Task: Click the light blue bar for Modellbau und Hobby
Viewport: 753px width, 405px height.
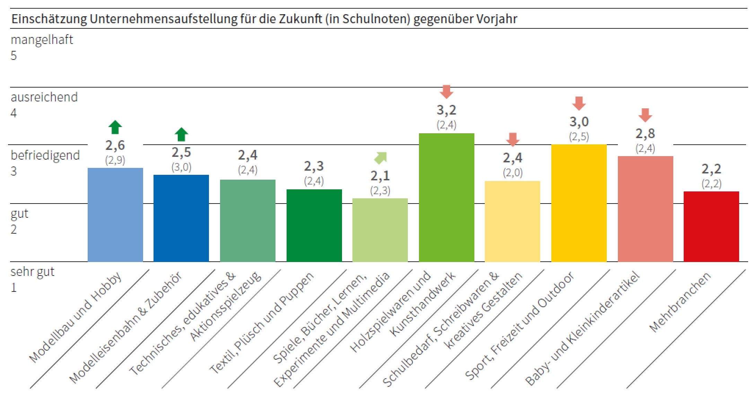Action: coord(115,215)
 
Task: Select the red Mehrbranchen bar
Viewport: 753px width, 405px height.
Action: coord(711,226)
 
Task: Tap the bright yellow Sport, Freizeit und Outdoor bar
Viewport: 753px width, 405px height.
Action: coord(579,203)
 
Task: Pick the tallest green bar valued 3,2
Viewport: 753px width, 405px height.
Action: coord(446,197)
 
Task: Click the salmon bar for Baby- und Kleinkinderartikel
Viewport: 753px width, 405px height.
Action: coord(645,209)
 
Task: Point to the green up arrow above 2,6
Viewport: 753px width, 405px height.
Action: coord(115,127)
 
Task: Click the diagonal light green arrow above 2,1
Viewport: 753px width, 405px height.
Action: coord(380,158)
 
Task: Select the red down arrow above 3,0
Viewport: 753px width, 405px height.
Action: coord(579,103)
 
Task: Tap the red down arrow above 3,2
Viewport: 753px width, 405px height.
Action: coord(446,91)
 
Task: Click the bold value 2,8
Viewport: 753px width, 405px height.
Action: coord(645,134)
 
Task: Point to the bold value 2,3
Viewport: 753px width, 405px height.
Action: coord(314,166)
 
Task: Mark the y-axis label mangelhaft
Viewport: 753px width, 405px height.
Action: coord(42,40)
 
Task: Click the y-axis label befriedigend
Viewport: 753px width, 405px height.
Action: coord(45,155)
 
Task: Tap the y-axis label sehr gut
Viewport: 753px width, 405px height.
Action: coord(32,272)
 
